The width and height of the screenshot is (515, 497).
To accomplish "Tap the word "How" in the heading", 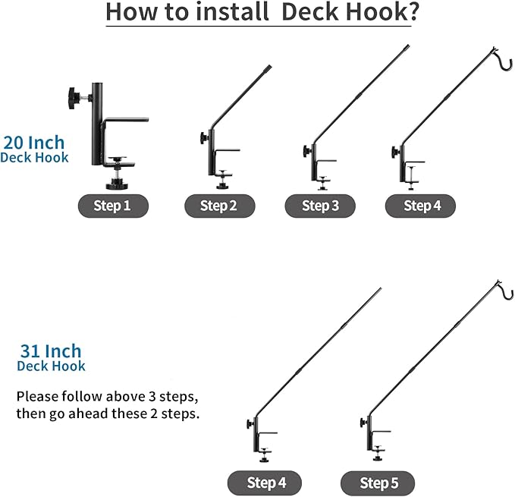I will coord(133,13).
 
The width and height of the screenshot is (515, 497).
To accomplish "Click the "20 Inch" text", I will coord(34,142).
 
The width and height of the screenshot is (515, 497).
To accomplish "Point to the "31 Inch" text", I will coord(51,351).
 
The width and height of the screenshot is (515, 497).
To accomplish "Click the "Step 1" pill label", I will coord(112,206).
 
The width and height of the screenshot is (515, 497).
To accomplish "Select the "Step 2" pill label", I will coord(219,206).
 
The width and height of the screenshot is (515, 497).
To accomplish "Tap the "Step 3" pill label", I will coord(320,206).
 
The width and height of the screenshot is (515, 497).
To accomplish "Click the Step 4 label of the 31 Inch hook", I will coord(265,483).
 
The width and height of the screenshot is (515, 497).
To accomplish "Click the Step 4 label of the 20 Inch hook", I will coord(420,206).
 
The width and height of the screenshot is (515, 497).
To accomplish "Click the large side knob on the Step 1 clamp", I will coord(74,97).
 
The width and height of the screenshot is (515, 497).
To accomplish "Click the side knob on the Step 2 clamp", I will coord(204,138).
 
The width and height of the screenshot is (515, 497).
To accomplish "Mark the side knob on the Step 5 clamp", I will coord(363,422).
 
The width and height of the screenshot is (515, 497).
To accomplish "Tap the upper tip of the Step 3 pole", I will coord(407,47).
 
